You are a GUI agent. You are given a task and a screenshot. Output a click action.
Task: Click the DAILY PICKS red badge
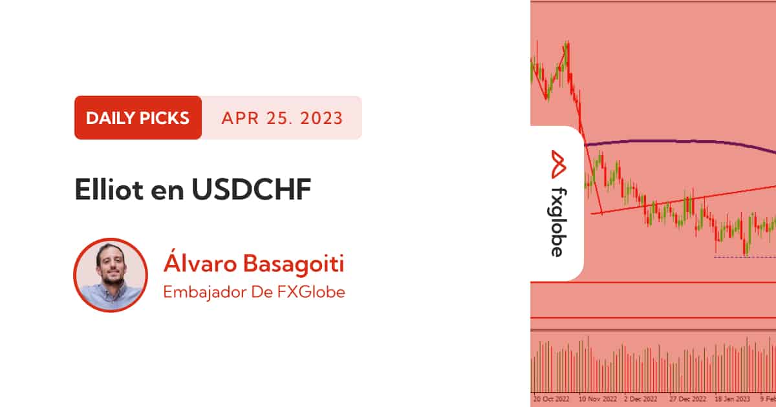tap(138, 118)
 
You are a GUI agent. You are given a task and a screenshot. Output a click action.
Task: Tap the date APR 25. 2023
tap(282, 118)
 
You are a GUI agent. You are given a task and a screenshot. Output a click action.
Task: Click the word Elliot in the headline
tap(109, 189)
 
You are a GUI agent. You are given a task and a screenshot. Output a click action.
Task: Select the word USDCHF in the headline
tap(252, 189)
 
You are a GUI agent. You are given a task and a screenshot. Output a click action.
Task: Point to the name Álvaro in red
tap(200, 262)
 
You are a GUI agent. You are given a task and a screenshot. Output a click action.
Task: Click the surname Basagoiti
tap(294, 264)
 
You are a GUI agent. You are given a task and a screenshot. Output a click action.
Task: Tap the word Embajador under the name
tap(204, 292)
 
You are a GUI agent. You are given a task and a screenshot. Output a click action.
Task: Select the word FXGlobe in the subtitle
tap(311, 292)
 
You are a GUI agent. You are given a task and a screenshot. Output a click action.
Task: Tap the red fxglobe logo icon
tap(558, 164)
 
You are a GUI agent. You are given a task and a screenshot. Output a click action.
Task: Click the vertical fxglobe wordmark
tap(558, 222)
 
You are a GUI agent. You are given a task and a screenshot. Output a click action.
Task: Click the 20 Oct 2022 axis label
tap(551, 399)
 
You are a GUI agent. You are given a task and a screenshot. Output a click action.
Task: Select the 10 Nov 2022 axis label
tap(598, 399)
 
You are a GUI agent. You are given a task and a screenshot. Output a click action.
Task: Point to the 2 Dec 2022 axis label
tap(641, 399)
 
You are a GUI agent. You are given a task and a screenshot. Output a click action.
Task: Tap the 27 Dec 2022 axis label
tap(687, 399)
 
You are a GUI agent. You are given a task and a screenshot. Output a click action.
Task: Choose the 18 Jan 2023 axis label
tap(732, 399)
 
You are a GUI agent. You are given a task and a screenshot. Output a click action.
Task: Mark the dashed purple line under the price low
tap(745, 257)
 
